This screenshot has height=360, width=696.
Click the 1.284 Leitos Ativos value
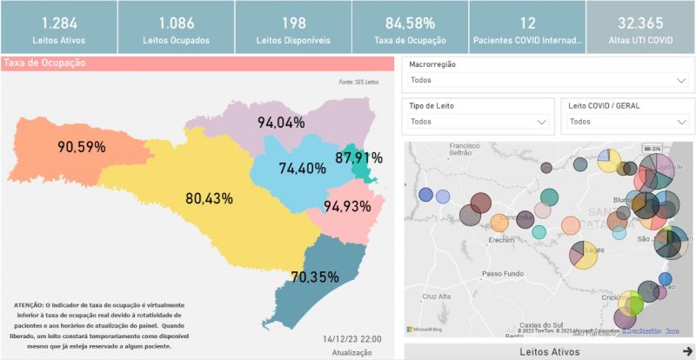click(58, 23)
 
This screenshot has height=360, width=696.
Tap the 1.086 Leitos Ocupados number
click(175, 23)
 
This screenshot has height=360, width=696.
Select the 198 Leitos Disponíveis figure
click(293, 23)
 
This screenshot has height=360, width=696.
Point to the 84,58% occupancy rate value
click(410, 23)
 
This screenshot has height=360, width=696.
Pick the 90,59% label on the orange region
click(82, 147)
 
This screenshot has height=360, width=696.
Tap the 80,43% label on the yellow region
click(209, 198)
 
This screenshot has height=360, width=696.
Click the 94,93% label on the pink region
click(347, 206)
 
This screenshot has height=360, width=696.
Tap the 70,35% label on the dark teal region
click(315, 277)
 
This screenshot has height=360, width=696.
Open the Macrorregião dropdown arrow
click(681, 80)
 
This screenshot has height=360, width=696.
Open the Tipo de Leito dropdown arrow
click(541, 123)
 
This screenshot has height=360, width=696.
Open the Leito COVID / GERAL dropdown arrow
click(681, 123)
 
